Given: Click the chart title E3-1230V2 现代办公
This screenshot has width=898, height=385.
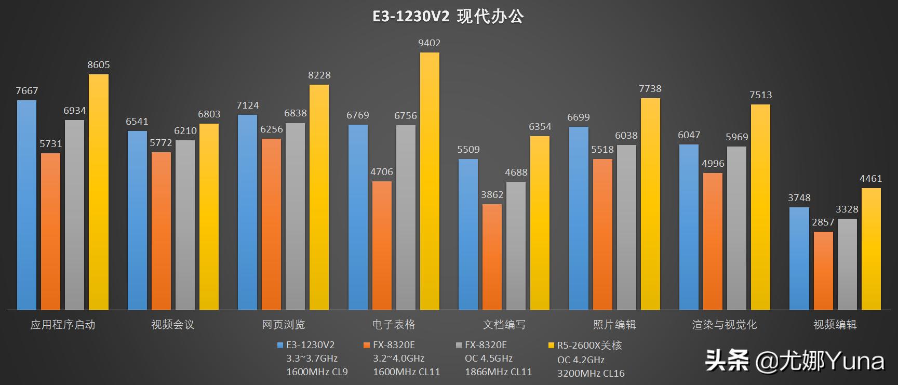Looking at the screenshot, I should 448,17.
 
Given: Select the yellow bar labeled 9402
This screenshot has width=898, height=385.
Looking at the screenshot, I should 430,182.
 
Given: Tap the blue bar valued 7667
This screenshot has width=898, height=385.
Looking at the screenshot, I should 26,205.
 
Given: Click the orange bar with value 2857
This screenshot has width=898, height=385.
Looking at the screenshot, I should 823,271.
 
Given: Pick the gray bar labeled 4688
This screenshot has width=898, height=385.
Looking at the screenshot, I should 516,246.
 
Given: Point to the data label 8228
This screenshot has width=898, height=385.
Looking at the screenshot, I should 319,75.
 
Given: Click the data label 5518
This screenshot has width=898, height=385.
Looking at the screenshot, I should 602,150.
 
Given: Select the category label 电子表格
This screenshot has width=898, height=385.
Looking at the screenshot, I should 394,325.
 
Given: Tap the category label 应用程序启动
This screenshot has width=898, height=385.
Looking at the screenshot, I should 62,325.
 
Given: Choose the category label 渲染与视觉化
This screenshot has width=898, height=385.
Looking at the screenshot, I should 724,325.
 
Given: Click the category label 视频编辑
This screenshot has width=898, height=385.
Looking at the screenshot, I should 835,325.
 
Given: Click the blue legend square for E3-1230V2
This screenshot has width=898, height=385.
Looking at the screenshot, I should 280,345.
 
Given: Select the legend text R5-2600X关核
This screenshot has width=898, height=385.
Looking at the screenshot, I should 589,346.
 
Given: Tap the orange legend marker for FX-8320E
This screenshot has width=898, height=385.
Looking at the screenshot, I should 367,345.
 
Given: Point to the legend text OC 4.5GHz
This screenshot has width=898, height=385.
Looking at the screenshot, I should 488,359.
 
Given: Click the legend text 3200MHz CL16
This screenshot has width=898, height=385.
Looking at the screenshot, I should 591,373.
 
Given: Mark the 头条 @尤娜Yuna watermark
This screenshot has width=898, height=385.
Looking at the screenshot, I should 794,360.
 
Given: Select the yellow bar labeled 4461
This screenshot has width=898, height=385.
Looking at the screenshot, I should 871,249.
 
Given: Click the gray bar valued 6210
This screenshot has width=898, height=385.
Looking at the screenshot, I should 185,225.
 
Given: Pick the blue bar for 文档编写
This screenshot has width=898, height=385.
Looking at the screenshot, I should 468,234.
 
